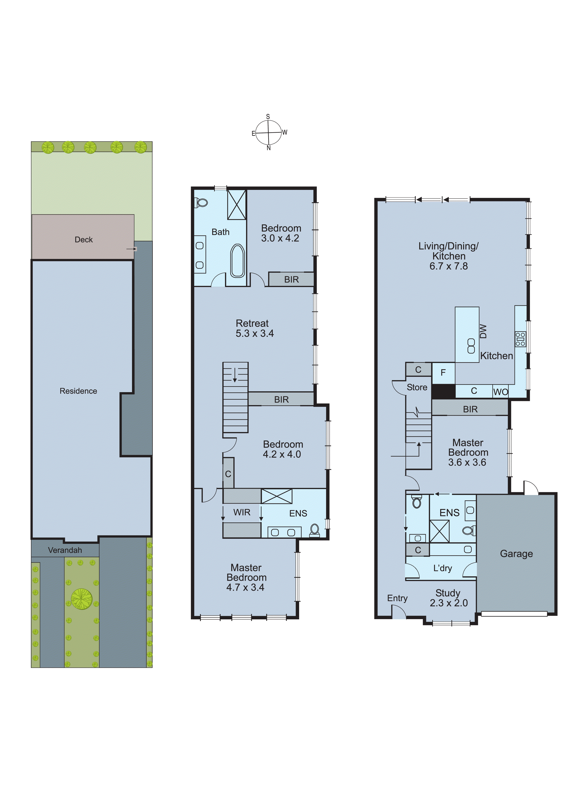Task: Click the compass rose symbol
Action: (268, 133)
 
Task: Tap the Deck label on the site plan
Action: (84, 240)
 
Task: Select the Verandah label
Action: (65, 550)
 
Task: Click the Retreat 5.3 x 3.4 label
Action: (254, 328)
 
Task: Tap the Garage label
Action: (516, 554)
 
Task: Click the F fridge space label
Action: (443, 372)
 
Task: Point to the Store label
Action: (417, 388)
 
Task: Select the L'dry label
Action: (443, 568)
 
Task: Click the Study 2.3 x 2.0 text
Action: (448, 598)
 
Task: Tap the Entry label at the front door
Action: (397, 598)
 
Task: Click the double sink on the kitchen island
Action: (471, 346)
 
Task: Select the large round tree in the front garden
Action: (81, 599)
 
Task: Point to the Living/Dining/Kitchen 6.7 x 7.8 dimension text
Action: (448, 266)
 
